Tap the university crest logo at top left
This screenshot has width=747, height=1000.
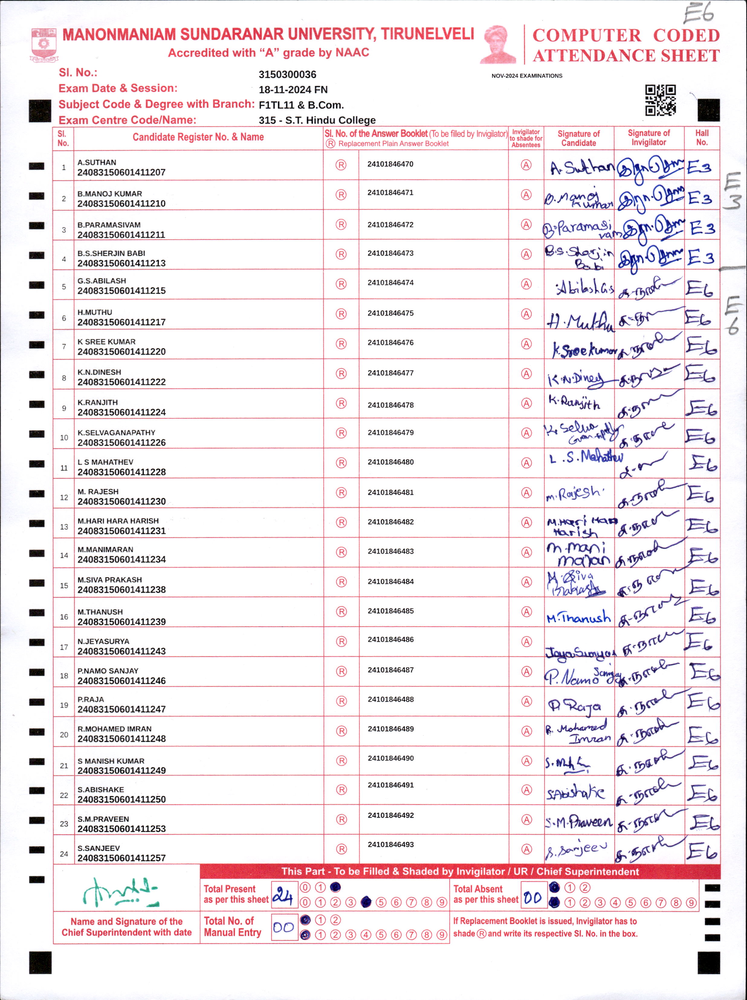click(44, 45)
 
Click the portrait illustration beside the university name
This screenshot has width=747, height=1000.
click(498, 44)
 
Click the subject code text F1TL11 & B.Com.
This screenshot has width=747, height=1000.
click(301, 105)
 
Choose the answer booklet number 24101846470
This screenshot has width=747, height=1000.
click(390, 164)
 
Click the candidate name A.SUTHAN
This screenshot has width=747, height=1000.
click(97, 162)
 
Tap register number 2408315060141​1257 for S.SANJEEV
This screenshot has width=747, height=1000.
click(121, 858)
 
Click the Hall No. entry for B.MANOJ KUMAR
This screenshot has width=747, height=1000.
click(700, 198)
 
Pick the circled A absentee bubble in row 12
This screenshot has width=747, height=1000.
click(526, 493)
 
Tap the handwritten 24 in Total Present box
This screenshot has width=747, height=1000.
click(283, 895)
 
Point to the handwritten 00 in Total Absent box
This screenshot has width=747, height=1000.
click(533, 898)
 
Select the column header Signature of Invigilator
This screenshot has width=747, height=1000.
click(648, 138)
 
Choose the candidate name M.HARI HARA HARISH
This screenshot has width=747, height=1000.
click(118, 521)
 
